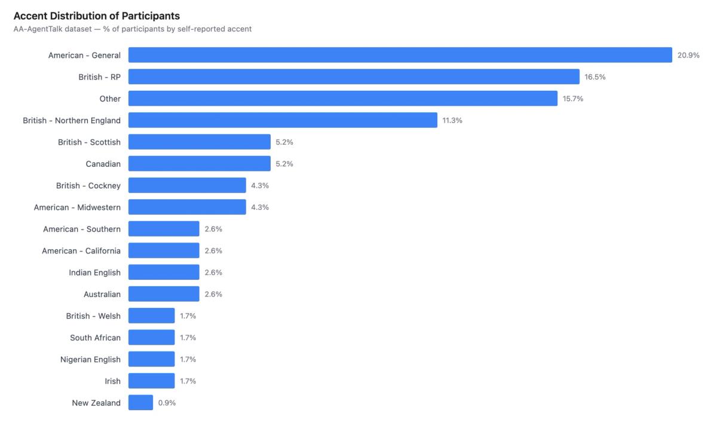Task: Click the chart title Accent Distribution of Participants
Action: pos(96,16)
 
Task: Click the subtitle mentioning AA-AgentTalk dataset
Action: pos(132,29)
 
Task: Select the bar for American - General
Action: pos(400,55)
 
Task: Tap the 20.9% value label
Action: pos(688,55)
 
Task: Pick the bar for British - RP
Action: pos(354,77)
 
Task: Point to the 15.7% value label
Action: pos(572,99)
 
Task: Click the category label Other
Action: pos(110,99)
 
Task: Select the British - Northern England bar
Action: pos(283,120)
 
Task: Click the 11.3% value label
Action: pos(452,120)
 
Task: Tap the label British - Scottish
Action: pos(89,142)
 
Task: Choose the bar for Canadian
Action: pos(199,164)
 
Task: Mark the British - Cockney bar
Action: pos(187,185)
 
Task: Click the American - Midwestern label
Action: pos(77,207)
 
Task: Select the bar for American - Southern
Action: pos(164,229)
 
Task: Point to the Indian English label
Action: pos(94,273)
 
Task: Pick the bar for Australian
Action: pos(164,294)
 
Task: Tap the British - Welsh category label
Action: pos(93,316)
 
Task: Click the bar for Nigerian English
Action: pos(151,359)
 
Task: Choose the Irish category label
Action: pos(112,381)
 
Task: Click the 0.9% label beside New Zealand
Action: pos(167,403)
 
